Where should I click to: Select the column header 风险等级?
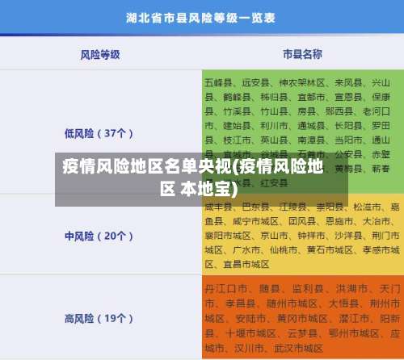pos(100,54)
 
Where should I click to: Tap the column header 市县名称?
pos(302,54)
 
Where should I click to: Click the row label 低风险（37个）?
pos(99,133)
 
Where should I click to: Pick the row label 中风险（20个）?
pos(99,214)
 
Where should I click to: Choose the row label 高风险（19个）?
pos(99,318)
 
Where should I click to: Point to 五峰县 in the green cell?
pos(218,82)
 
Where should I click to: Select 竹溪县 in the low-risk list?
pos(218,111)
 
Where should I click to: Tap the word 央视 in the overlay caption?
pos(211,168)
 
